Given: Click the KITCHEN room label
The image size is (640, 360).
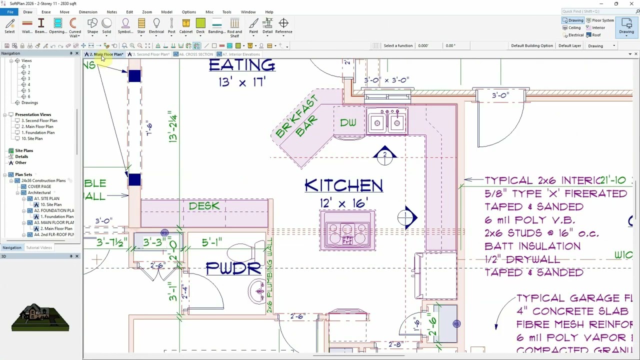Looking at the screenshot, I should (x=343, y=186).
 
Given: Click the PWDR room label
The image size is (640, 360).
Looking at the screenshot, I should (x=233, y=268).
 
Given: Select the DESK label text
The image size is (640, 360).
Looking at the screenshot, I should (x=204, y=206).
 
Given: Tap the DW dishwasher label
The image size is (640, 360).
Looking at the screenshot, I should (x=348, y=122).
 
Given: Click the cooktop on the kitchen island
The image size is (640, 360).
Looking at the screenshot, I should (x=347, y=231).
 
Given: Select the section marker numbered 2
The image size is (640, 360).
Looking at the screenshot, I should (x=384, y=156).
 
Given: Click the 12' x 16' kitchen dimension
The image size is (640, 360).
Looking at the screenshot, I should (x=343, y=203).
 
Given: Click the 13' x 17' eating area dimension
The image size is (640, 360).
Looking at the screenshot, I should (x=242, y=82).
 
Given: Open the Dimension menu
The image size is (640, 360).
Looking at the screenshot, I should (x=88, y=12).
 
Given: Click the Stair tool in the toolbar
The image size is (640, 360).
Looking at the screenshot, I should (x=141, y=26).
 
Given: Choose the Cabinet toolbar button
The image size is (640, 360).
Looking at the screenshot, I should (x=186, y=26).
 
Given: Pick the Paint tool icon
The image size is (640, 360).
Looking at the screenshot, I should (x=253, y=26).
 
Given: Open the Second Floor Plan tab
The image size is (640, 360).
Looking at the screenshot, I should (x=150, y=54).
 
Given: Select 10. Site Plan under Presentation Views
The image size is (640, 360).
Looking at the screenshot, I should (x=32, y=138).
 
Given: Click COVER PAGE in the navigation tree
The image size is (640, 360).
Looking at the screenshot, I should (x=39, y=186).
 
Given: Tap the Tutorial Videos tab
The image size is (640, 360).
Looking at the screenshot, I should (x=38, y=247).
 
